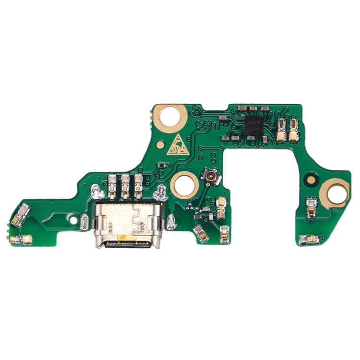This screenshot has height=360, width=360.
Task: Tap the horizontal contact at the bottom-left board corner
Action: (x=21, y=239)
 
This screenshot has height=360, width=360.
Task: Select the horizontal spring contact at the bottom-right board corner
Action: (x=309, y=239)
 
